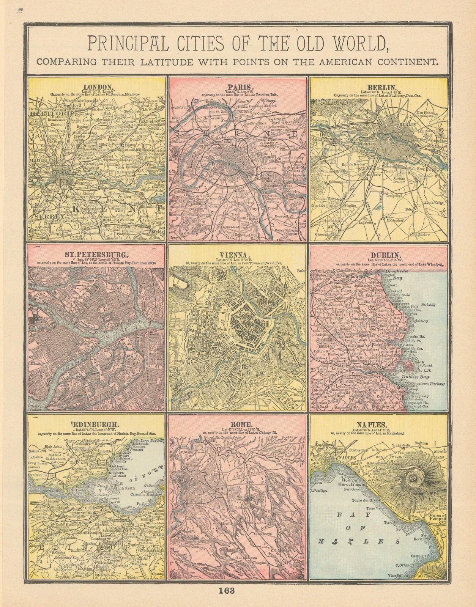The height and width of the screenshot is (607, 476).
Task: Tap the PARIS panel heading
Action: point(238,86)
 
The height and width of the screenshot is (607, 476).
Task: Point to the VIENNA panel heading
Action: point(238,254)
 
